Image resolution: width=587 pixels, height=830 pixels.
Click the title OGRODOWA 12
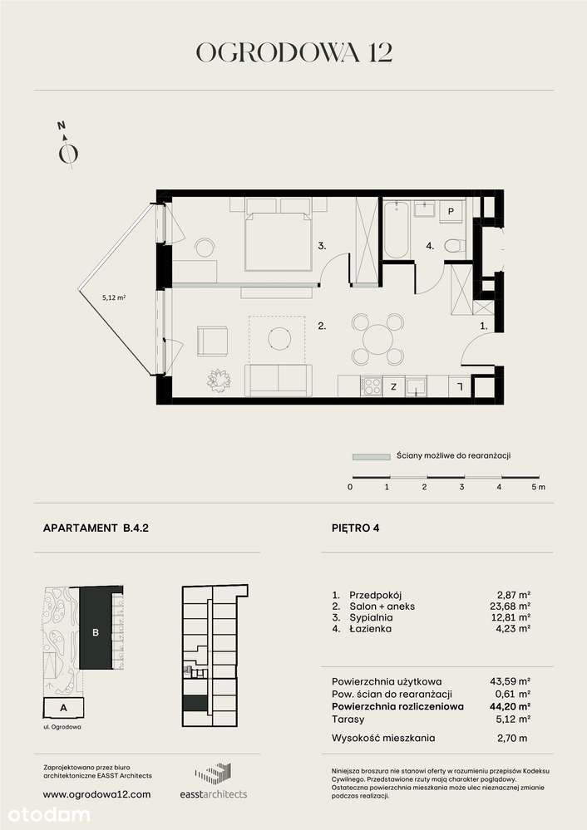click(293, 52)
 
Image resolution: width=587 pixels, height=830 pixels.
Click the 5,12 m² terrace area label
click(114, 297)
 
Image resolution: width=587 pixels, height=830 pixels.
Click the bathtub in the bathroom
click(396, 230)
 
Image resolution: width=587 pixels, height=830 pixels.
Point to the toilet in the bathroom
click(454, 245)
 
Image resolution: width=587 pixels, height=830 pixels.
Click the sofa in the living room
click(279, 380)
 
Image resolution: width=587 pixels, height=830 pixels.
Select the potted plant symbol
click(220, 380)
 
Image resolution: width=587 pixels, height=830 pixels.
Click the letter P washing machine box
click(450, 212)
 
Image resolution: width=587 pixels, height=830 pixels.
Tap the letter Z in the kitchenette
click(392, 386)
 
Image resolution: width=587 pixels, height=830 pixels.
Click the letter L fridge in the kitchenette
click(458, 386)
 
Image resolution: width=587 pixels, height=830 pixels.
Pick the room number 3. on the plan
click(321, 246)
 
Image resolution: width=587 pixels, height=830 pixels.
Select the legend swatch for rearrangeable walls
click(370, 456)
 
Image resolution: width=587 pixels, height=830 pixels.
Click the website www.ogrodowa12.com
click(96, 794)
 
